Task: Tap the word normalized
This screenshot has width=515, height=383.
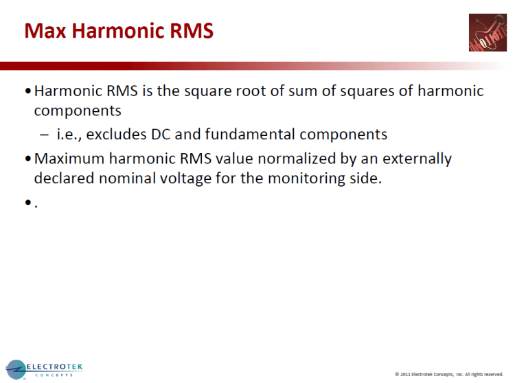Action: (263, 159)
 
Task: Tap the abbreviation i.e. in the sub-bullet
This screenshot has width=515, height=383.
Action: (69, 135)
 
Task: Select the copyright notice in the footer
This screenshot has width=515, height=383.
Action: (448, 374)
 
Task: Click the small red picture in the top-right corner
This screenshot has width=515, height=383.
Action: (488, 32)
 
